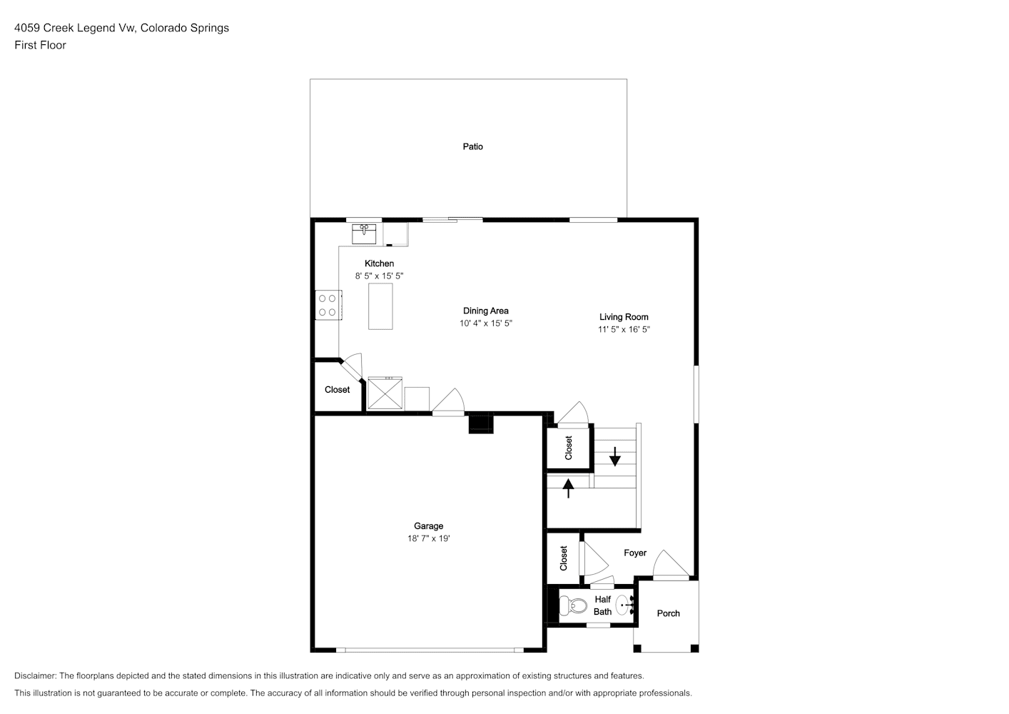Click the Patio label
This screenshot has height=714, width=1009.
click(472, 146)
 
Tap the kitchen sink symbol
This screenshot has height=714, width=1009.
click(364, 234)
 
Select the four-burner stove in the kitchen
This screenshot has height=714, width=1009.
click(328, 305)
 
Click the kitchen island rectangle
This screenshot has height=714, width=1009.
click(380, 306)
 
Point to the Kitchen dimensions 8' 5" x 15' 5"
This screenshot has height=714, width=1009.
click(379, 276)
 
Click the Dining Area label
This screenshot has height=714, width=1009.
click(485, 311)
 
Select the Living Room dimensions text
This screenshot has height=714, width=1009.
click(624, 329)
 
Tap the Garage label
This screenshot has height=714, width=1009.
click(428, 526)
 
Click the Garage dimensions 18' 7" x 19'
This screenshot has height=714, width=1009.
click(428, 538)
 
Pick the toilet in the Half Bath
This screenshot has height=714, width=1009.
click(572, 605)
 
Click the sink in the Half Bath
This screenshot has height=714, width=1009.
click(624, 605)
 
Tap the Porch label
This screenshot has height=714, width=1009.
click(668, 613)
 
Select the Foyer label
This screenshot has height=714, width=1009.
click(634, 553)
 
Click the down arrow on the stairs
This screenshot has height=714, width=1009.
click(615, 456)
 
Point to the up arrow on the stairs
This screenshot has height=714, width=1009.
click(569, 488)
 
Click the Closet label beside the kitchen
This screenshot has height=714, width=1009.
click(337, 389)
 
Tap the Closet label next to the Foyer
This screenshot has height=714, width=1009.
click(564, 558)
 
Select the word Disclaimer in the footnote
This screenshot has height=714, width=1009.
click(36, 675)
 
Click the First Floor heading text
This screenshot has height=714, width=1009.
click(40, 45)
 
